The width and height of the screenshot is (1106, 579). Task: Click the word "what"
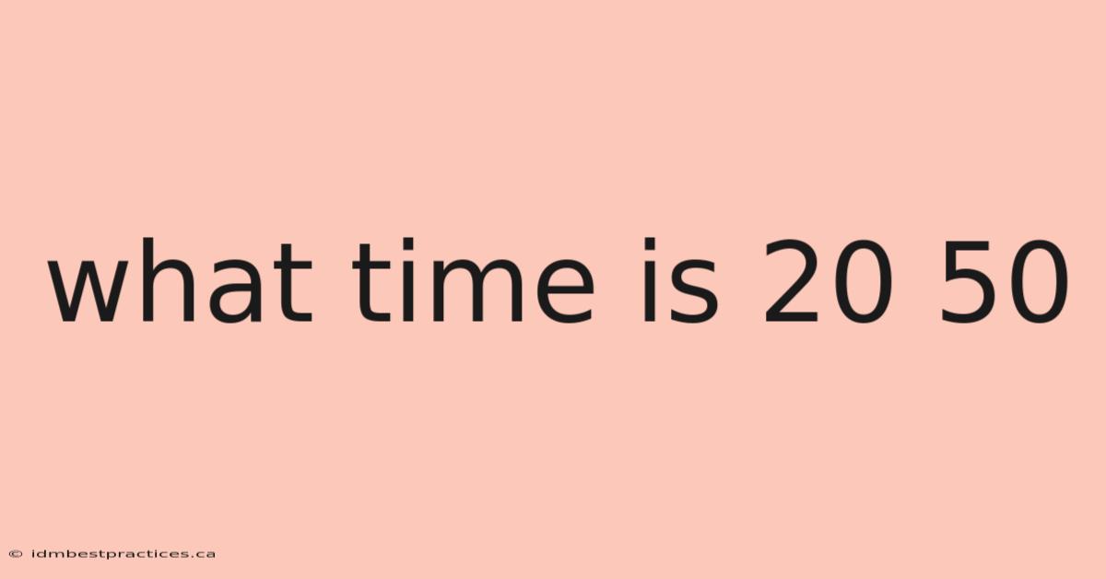[180, 280]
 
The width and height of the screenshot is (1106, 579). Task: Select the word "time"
[473, 280]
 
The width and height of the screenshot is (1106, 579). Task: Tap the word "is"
[679, 280]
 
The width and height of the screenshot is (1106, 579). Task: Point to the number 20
[828, 281]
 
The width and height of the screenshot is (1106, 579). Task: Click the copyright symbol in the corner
[16, 554]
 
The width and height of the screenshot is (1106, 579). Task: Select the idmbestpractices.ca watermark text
[123, 554]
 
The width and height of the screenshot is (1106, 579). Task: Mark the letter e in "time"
[565, 291]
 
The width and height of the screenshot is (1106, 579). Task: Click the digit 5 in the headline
[969, 281]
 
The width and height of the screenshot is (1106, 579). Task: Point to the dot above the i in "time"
[408, 244]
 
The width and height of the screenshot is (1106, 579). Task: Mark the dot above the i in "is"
[649, 244]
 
